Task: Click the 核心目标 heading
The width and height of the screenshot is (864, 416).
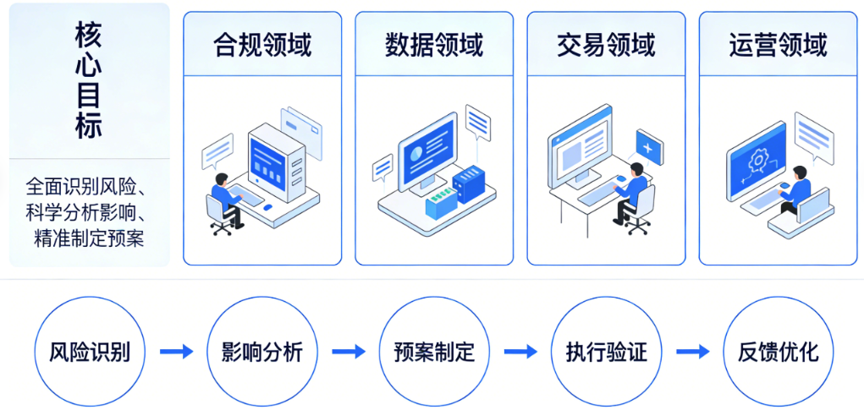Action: pos(88,83)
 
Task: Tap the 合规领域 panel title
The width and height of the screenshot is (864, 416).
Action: pos(262,44)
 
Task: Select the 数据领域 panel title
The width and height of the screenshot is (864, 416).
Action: pos(434,44)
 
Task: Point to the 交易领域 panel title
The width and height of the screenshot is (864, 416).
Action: pos(606,44)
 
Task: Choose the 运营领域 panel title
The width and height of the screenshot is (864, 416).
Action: pos(778,44)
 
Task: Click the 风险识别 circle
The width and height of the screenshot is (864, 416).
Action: pos(90,351)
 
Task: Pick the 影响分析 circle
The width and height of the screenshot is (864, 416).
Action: pos(261,351)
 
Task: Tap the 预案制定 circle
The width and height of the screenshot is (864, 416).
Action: pos(434,351)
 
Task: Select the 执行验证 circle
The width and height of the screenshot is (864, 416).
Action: pos(606,351)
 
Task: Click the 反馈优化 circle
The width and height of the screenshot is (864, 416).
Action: pos(779,351)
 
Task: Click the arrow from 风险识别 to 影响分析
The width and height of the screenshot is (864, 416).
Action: pos(176,351)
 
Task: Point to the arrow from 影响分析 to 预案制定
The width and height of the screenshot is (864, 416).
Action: pos(348,351)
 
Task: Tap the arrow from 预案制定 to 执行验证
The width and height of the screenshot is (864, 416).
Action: pos(520,351)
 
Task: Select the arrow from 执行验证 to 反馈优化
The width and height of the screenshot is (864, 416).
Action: pos(692,351)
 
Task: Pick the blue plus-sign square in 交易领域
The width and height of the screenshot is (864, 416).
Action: pos(649,148)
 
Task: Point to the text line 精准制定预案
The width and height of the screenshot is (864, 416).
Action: pos(89,238)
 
